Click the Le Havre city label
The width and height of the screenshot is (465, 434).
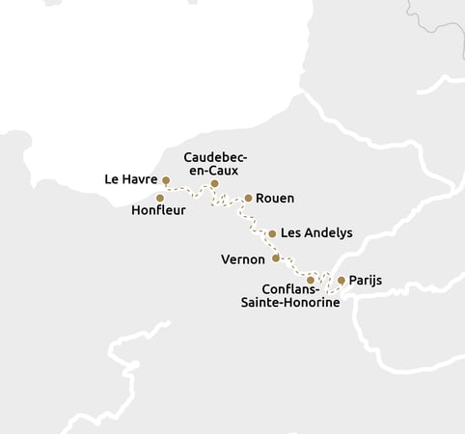coord(130,179)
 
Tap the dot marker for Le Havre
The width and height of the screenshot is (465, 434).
coord(166,180)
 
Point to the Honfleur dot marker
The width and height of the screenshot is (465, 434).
coord(160,198)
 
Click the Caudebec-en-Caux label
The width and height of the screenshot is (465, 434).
coord(216,163)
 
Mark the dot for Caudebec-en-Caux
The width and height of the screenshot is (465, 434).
coord(214,183)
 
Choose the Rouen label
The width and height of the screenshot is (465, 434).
coord(275,198)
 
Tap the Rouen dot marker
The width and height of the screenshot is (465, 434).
coord(248,198)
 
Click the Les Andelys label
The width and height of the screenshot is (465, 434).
coord(315,233)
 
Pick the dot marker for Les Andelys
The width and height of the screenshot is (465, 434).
coord(272,233)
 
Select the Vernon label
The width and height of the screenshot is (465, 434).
coord(243,258)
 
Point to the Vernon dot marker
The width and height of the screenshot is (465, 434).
coord(276,258)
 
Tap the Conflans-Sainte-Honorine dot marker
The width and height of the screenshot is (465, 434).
coord(310,280)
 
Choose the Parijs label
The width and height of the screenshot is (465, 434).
coord(366,281)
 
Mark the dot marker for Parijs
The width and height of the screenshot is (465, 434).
coord(341,280)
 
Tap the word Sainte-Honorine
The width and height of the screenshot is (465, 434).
coord(288,302)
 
